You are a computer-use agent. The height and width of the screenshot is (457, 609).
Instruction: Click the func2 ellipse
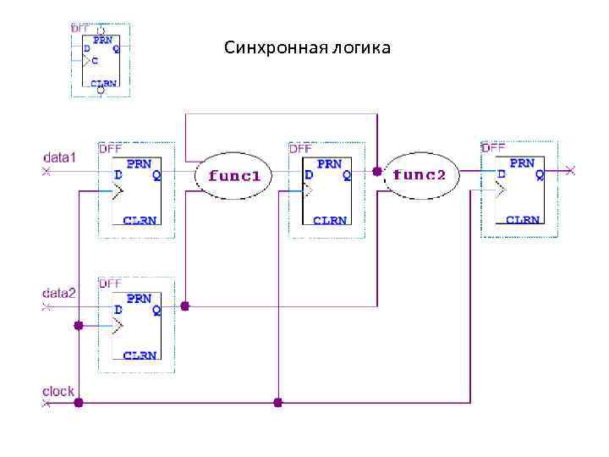pos(420,175)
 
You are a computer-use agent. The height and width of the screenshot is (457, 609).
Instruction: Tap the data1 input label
pos(59,157)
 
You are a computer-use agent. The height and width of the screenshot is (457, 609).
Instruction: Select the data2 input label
pos(59,293)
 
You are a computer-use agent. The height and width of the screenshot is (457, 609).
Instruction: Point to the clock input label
pos(58,391)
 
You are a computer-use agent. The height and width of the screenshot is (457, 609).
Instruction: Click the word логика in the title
pos(362,47)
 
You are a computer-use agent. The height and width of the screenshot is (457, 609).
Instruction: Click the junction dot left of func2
pos(376,172)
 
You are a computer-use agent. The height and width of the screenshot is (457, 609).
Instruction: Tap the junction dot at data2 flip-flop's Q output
pos(185,306)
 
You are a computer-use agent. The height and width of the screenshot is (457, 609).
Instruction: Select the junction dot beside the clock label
pos(79,403)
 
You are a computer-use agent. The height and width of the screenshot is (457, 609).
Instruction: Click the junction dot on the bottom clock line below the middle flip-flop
pos(277,401)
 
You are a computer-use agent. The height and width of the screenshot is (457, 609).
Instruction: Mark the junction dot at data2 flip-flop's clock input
pos(79,325)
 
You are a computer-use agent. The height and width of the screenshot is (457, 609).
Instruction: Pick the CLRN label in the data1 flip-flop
pos(140,220)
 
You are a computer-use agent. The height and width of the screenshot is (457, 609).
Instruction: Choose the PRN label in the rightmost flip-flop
pos(522,162)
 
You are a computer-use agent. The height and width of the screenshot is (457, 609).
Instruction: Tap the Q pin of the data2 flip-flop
pos(156,310)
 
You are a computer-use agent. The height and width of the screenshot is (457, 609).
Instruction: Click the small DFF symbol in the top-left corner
pos(100,58)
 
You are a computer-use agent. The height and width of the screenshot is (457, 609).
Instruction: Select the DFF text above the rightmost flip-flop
pos(492,147)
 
